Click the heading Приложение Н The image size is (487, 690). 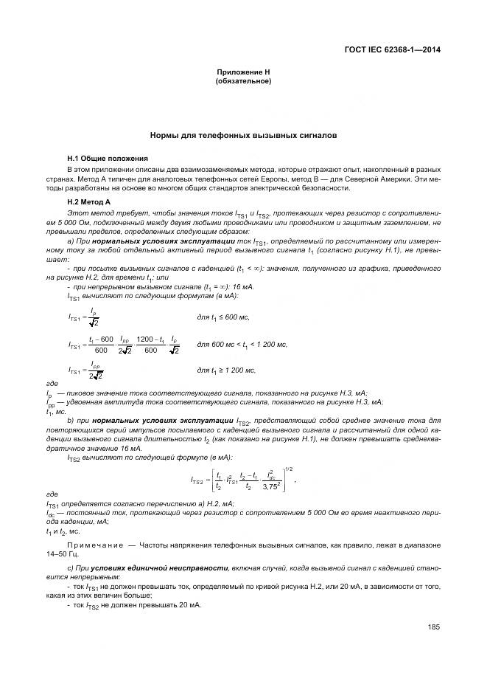[243, 72]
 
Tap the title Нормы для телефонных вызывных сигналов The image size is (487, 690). [243, 136]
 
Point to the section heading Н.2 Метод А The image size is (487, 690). [88, 201]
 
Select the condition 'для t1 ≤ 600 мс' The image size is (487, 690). [223, 317]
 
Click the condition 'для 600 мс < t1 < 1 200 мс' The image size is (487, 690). [242, 345]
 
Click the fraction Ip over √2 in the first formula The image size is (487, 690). [94, 317]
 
